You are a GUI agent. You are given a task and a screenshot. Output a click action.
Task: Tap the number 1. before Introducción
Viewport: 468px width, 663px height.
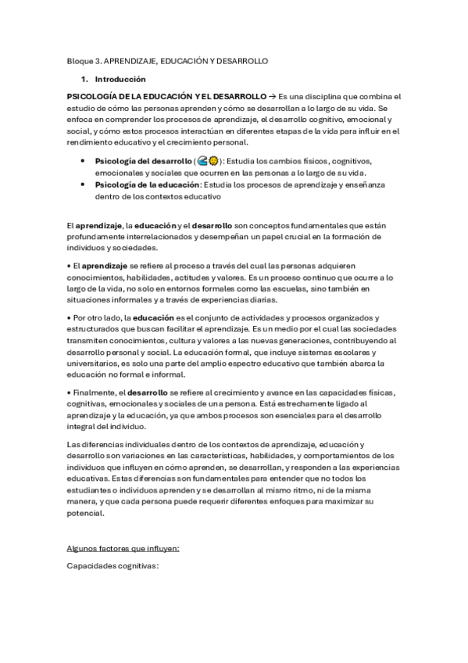(x=84, y=79)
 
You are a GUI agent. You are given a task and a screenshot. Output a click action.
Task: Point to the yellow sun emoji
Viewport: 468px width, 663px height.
(x=213, y=160)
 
